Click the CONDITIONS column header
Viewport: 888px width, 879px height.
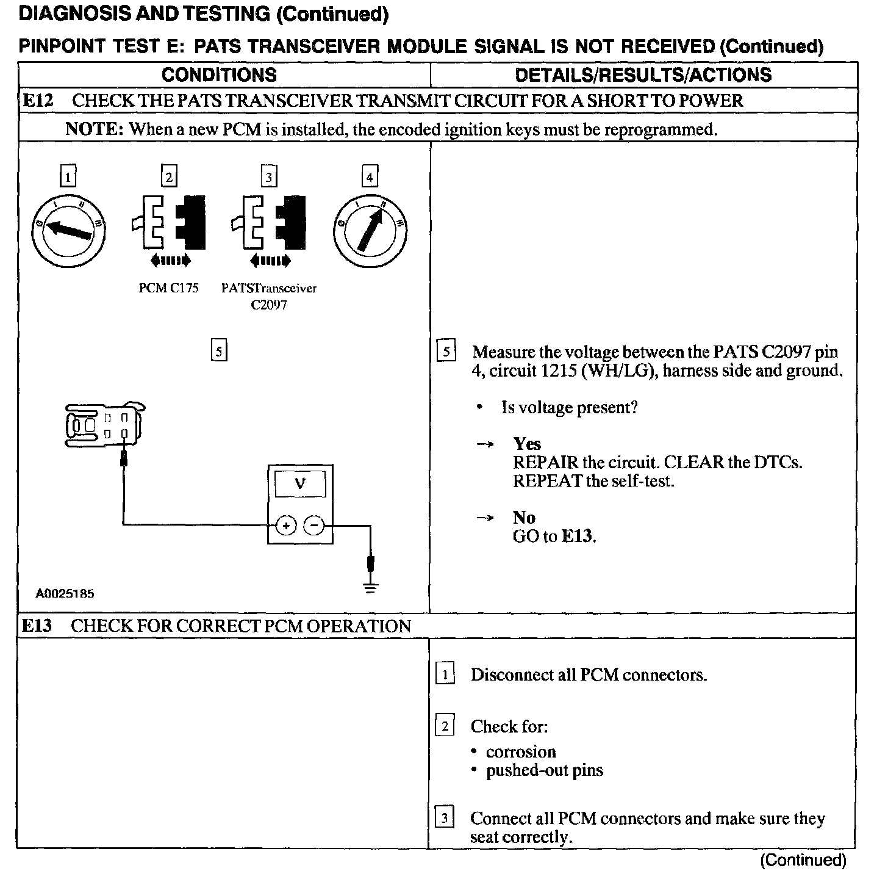(219, 75)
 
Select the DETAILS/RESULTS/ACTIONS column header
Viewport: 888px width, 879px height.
(643, 75)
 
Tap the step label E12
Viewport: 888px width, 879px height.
(38, 101)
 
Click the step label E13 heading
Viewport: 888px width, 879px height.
(37, 626)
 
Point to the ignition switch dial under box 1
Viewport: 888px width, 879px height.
(68, 230)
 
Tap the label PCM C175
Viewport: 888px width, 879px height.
(168, 288)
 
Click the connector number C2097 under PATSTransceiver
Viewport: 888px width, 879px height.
(268, 305)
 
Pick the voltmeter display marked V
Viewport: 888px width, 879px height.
(300, 484)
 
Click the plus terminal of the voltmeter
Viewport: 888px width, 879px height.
(285, 525)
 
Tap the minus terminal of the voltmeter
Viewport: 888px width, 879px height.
(314, 525)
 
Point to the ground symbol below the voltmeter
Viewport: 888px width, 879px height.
(370, 587)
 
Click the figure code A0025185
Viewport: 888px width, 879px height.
(65, 593)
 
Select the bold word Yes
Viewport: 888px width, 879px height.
(526, 444)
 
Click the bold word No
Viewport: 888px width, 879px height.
(524, 518)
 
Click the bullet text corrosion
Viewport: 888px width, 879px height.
(520, 751)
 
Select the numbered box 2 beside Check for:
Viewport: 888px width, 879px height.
(445, 726)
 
